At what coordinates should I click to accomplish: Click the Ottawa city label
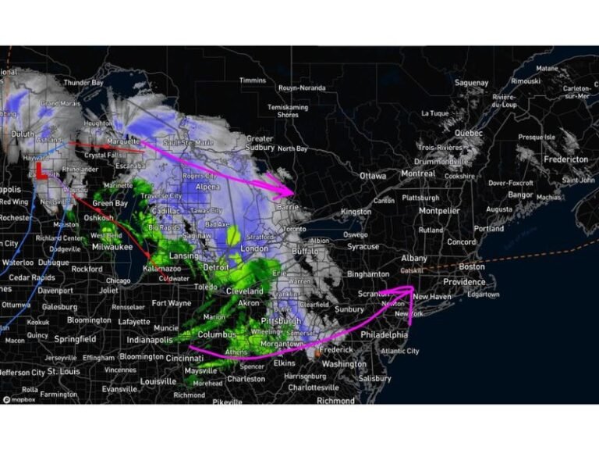point(373,176)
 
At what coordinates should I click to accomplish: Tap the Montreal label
point(418,173)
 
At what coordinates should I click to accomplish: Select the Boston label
point(472,266)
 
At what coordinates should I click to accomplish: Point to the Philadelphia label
point(384,334)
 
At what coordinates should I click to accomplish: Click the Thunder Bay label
point(83,82)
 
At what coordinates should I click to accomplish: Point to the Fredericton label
point(565,159)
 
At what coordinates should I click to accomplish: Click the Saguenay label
point(471,83)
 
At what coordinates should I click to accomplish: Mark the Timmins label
point(253,80)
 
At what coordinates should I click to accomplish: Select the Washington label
point(344,364)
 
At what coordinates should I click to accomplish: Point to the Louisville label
point(158,381)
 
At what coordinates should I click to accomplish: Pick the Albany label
point(414,258)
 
